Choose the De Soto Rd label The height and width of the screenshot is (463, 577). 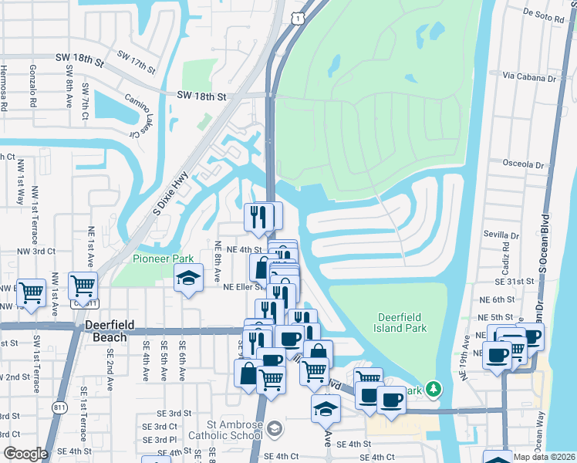pos(545,13)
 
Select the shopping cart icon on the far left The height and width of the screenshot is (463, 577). pos(30,292)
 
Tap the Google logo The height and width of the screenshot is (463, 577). pos(25,454)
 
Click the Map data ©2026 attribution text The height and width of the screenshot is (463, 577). pos(544,457)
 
